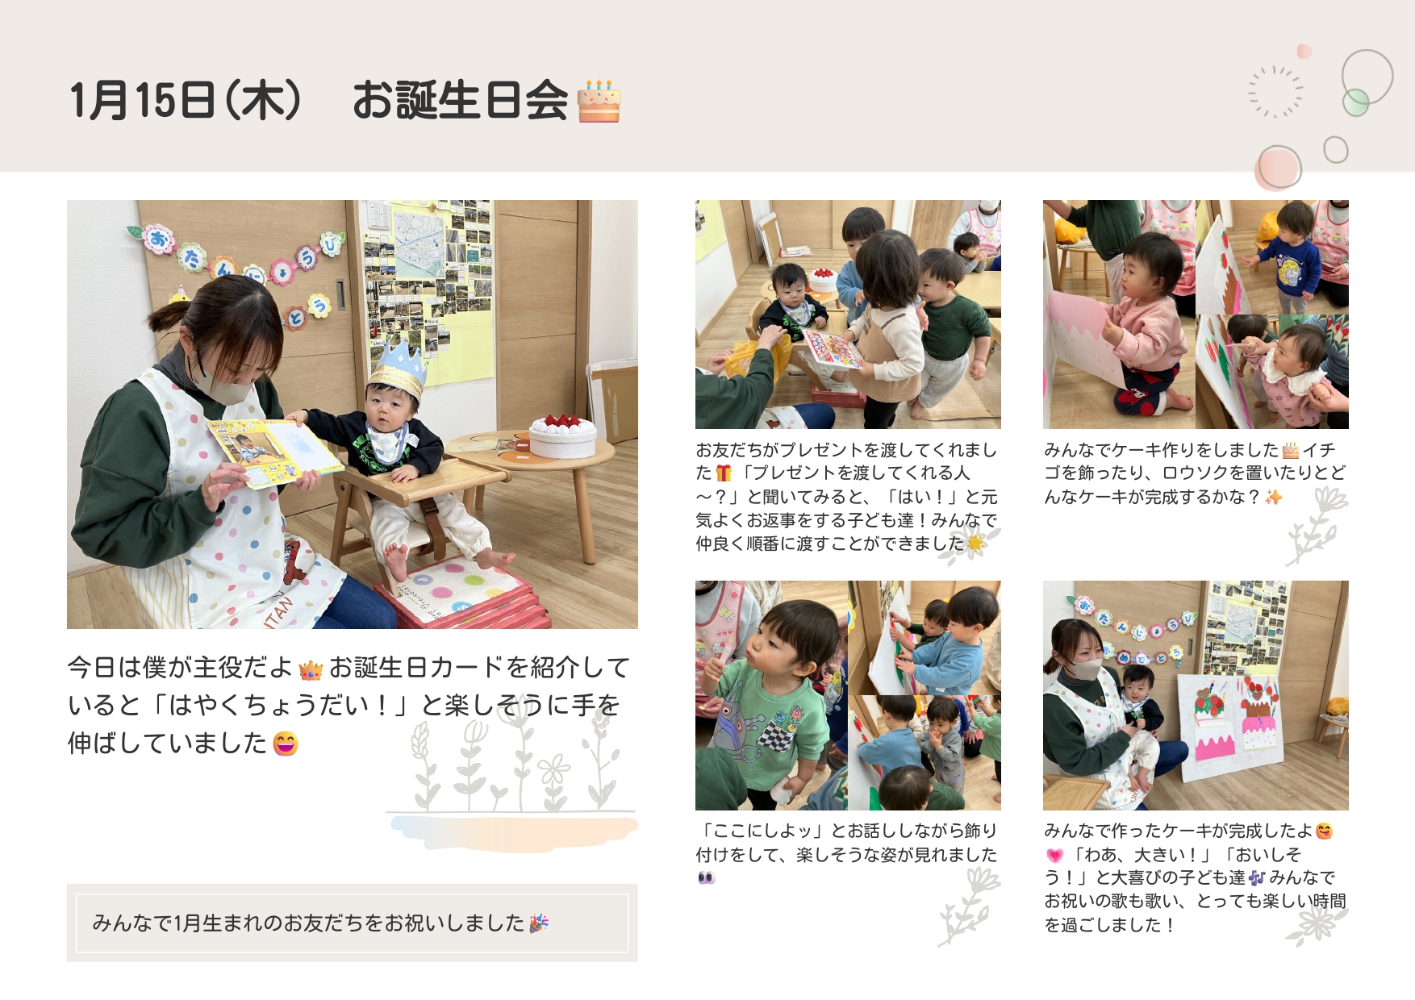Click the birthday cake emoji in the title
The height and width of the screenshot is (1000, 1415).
pos(599,101)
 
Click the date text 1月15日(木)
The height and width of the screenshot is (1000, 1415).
pos(186,101)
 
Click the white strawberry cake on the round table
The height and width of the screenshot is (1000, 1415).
pos(562,435)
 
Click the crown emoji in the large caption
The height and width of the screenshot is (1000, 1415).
pos(311,669)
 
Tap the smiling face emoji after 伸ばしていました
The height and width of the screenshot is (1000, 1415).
pos(286,743)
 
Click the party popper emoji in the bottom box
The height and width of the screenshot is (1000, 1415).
pos(539,923)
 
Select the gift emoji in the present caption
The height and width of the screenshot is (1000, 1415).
pos(724,473)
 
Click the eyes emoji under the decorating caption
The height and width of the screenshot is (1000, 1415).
pos(707,877)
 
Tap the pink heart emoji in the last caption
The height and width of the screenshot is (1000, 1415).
pos(1054,855)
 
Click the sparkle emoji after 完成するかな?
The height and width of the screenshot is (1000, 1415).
pos(1273,497)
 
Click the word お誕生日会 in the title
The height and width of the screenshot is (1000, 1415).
pos(461,101)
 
